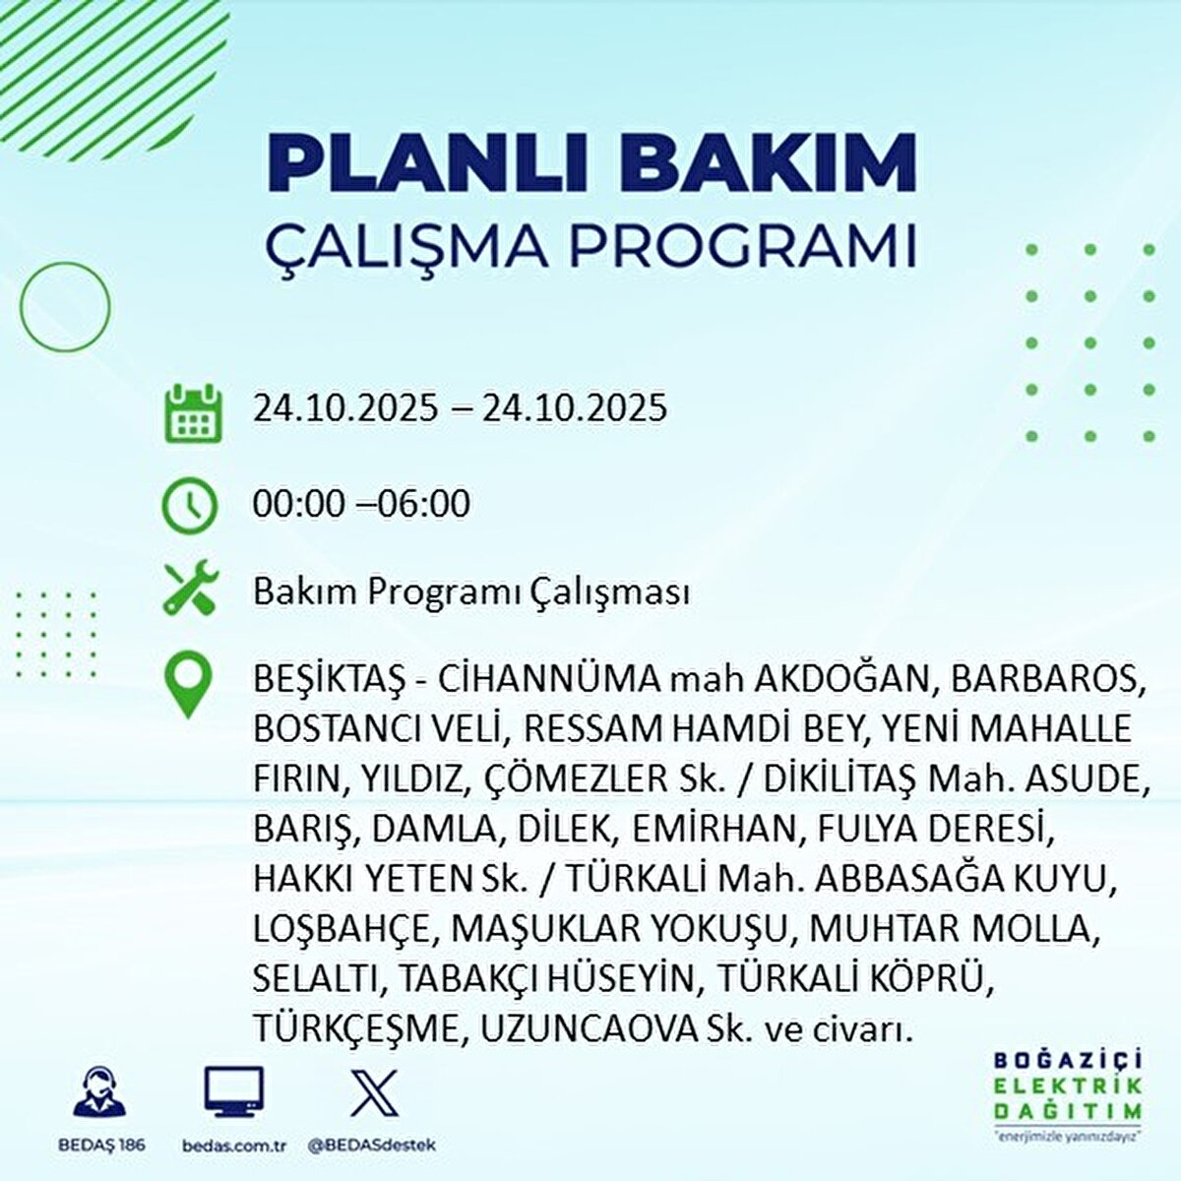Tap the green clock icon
pyautogui.click(x=188, y=506)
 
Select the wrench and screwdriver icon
pyautogui.click(x=190, y=590)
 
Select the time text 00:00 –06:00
pyautogui.click(x=361, y=504)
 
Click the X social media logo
pyautogui.click(x=374, y=1092)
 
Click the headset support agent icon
pyautogui.click(x=99, y=1092)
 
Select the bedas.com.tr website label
pyautogui.click(x=234, y=1146)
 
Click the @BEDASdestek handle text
pyautogui.click(x=372, y=1146)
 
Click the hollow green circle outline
pyautogui.click(x=66, y=307)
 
